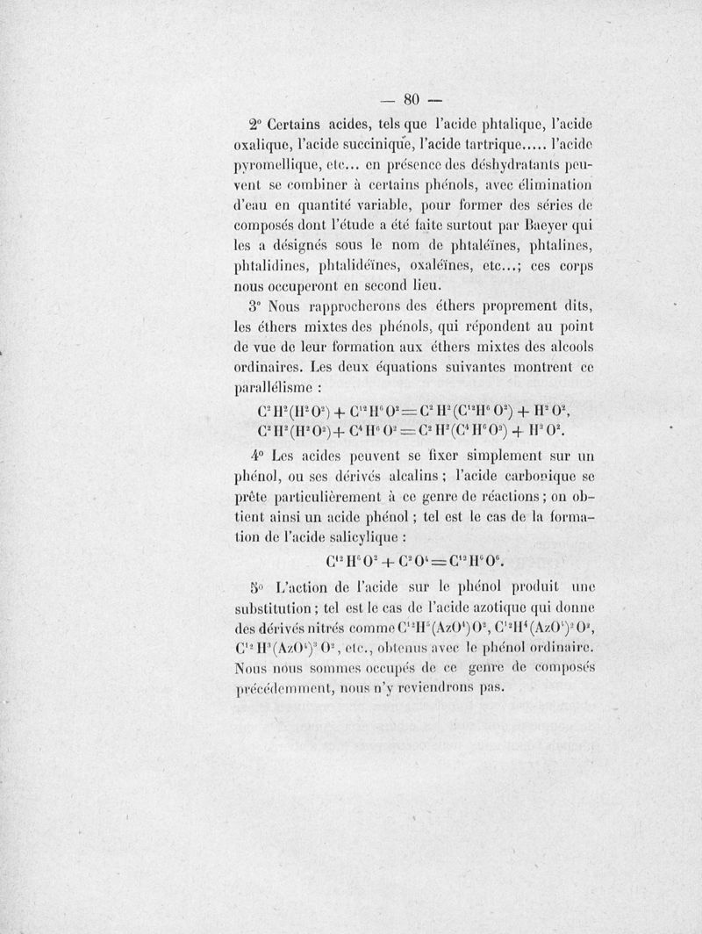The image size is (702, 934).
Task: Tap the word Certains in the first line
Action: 302,122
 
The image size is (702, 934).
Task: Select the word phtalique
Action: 491,122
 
